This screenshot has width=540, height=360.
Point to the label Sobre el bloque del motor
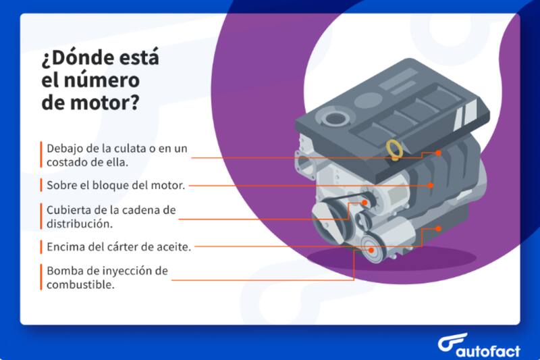tap(115, 184)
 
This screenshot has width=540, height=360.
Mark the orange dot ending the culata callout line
tap(438, 153)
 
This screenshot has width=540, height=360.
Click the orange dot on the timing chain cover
tap(364, 201)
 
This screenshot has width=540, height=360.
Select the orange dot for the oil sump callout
tap(439, 229)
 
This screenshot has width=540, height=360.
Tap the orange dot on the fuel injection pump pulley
tap(371, 249)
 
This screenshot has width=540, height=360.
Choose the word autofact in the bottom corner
tap(489, 346)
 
